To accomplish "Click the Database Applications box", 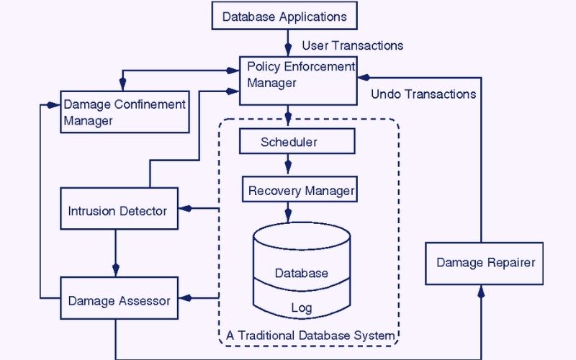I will [284, 16].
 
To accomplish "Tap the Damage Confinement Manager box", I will [124, 112].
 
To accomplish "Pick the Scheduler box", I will [289, 142].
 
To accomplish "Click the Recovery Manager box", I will [300, 191].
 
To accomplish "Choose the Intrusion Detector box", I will [118, 211].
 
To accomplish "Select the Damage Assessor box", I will [118, 300].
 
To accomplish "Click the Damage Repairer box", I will [485, 262].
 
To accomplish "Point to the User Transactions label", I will [353, 45].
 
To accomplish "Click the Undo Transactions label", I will [423, 94].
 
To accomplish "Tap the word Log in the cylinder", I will [301, 308].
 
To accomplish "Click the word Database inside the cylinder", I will [301, 274].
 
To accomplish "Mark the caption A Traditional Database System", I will [310, 336].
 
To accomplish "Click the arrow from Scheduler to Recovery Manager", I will [289, 165].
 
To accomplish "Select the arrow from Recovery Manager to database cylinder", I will [289, 213].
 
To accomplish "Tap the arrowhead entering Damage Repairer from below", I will [481, 292].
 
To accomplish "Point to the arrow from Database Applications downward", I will [289, 42].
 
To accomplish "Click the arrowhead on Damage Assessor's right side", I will [184, 297].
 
